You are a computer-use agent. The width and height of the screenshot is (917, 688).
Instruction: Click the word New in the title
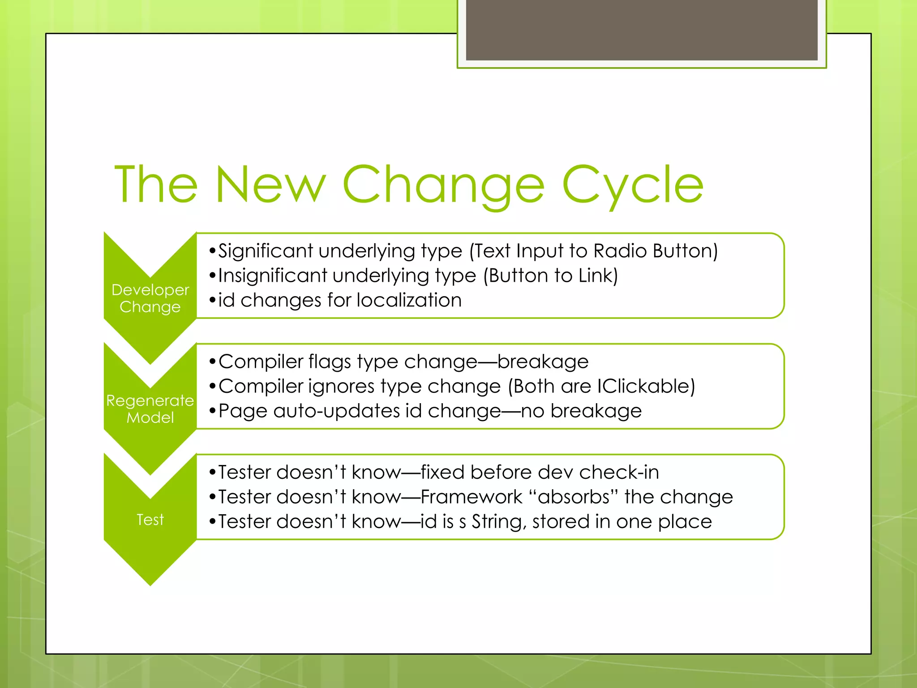[x=270, y=185]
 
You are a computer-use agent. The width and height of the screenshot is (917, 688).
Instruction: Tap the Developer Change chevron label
[x=150, y=298]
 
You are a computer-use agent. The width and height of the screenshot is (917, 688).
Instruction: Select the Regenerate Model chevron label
[x=150, y=409]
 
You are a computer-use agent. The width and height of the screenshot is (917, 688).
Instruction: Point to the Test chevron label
[x=150, y=520]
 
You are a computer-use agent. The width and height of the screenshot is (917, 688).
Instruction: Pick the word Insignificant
[x=273, y=275]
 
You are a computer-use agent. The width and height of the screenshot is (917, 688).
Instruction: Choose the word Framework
[x=471, y=497]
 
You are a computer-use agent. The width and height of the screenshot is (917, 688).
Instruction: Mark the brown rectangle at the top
[x=642, y=30]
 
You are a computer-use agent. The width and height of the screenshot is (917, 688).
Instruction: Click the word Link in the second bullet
[x=595, y=275]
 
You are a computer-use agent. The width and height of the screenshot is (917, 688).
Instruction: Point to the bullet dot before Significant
[x=212, y=251]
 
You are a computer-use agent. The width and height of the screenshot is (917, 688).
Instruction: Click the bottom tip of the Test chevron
[x=150, y=584]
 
